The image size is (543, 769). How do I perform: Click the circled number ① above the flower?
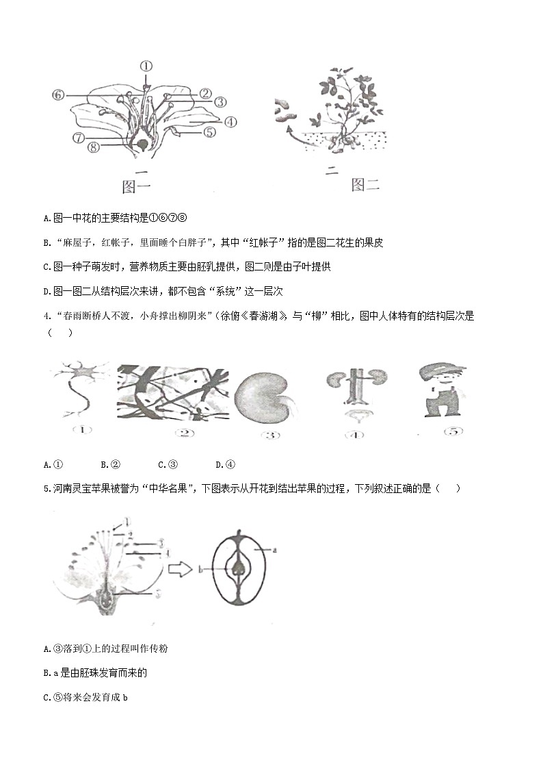(x=146, y=66)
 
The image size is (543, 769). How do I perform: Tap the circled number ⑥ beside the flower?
(x=58, y=94)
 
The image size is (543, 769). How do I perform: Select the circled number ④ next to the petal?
(x=230, y=122)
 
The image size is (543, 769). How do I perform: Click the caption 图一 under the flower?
(x=136, y=186)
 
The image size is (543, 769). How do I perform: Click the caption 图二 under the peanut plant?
(x=365, y=184)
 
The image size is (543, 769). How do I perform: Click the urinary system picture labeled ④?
(x=355, y=394)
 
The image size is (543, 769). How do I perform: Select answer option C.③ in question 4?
(x=168, y=465)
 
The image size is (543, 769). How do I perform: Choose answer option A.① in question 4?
(x=53, y=465)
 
